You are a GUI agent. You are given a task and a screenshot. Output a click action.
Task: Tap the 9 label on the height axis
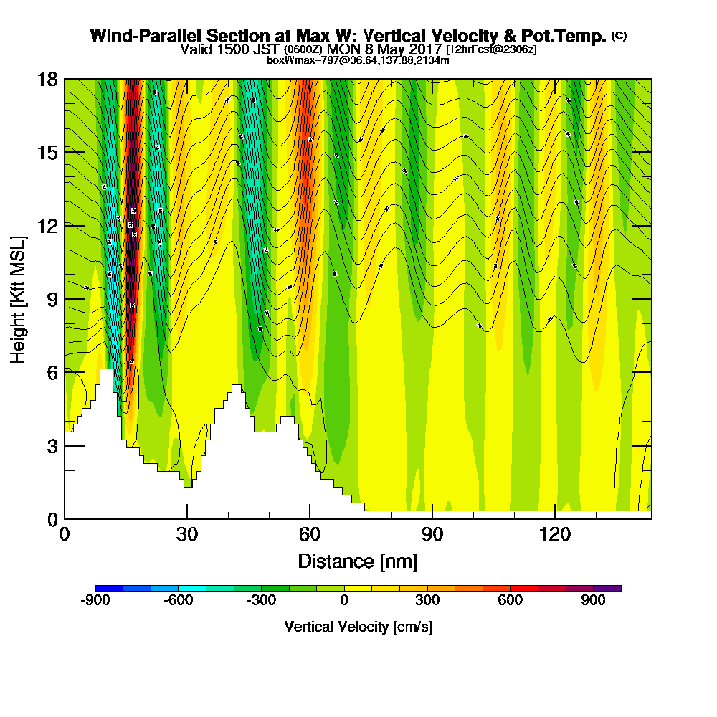[51, 299]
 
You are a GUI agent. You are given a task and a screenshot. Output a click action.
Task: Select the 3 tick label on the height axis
[51, 445]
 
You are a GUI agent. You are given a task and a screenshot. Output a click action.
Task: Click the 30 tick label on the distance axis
[186, 535]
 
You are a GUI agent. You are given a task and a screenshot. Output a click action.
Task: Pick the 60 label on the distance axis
[309, 535]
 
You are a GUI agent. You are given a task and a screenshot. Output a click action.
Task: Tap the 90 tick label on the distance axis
[432, 535]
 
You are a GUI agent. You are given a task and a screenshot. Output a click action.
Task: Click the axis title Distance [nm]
[358, 561]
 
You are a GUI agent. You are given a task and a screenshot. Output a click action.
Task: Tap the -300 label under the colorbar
[261, 601]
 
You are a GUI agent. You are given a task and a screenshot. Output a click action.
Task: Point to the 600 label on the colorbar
[511, 601]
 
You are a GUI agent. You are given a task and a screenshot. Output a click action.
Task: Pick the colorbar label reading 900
[594, 601]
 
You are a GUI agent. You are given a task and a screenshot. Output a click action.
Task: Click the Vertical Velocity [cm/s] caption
[358, 627]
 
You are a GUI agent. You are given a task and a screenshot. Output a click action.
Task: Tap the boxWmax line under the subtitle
[358, 60]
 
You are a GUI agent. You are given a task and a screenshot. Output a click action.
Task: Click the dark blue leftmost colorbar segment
[109, 588]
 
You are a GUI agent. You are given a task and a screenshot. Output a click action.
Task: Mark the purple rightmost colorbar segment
[607, 588]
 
